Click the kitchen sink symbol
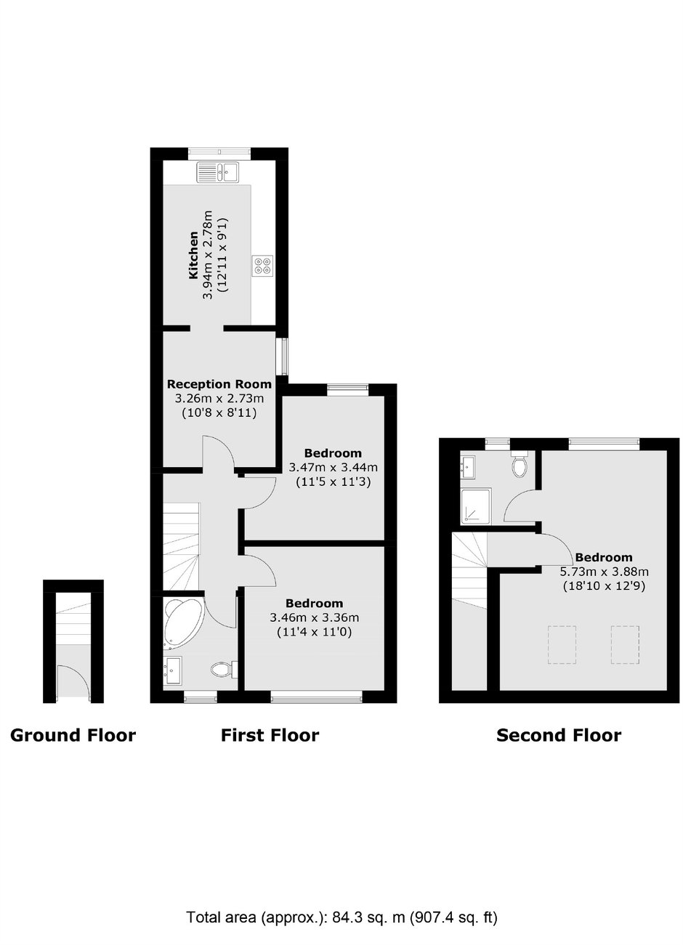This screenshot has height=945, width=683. tap(219, 172)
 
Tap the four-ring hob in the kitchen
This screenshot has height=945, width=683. tap(263, 267)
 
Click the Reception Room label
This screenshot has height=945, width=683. tap(219, 384)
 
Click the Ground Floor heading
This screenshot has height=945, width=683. tap(73, 736)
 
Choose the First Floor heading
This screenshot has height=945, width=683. tap(270, 736)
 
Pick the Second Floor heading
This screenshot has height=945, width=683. tap(558, 736)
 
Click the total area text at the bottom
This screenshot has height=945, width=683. tap(341, 917)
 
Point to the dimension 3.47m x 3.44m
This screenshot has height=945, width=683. tap(333, 468)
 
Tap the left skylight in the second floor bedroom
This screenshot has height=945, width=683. tap(561, 645)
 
